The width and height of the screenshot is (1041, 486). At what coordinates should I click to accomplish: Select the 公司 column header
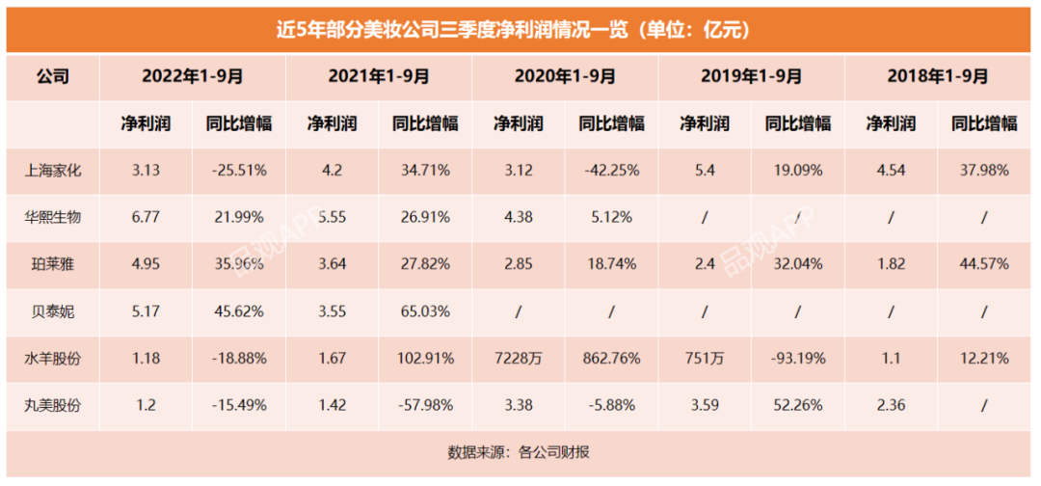coord(53,76)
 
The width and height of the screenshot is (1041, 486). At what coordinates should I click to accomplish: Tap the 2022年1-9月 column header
coord(193,76)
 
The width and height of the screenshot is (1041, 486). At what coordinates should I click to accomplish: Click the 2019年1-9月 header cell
coord(752,76)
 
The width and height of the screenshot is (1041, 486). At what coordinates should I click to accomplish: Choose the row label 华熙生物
coord(53,217)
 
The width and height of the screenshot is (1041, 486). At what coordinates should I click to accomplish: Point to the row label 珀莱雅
coord(53,264)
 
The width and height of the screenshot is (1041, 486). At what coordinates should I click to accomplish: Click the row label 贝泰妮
coord(53,310)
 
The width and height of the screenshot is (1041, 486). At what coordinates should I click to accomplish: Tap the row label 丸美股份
coord(53,405)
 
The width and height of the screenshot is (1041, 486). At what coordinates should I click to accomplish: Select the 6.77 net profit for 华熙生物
coord(146,217)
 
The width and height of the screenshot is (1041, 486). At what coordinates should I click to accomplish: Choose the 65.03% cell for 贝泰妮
coord(425,310)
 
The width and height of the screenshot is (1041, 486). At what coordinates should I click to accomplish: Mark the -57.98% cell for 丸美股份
coord(425,405)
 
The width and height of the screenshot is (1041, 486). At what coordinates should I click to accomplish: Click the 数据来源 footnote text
coord(520,451)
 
